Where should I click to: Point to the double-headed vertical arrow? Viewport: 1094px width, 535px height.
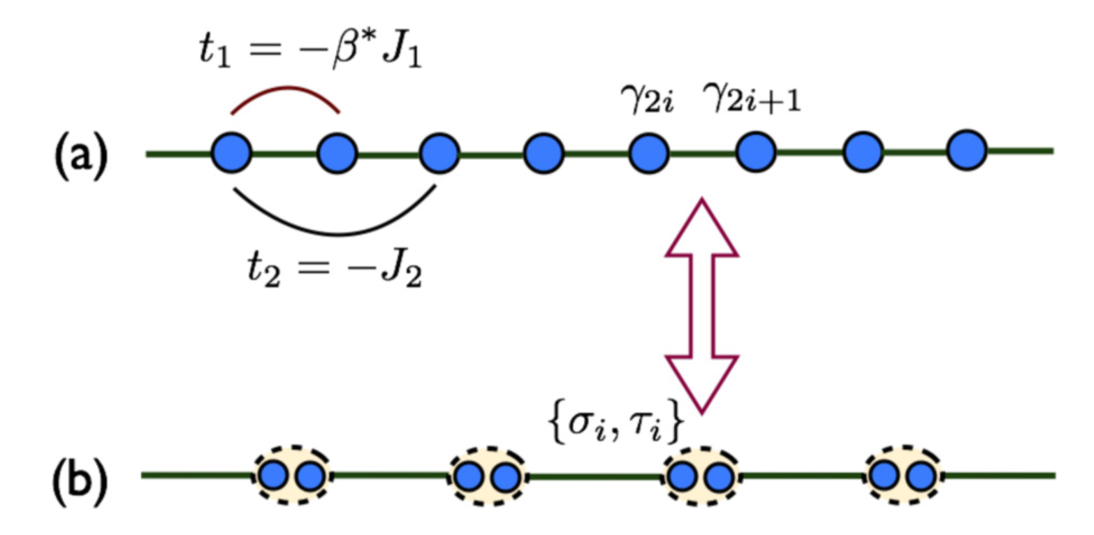701,304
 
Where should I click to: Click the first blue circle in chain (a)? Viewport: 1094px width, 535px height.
232,152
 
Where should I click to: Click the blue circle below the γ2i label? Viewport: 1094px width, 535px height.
650,152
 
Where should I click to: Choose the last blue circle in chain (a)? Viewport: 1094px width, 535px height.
967,149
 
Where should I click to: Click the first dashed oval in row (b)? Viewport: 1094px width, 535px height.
291,477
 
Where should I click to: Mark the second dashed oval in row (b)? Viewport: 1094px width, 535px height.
486,477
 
